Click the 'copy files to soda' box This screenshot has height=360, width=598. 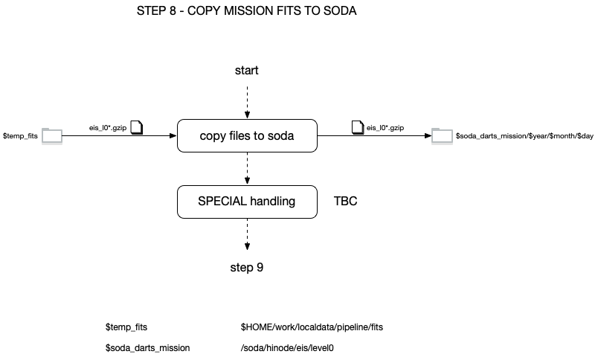(x=247, y=136)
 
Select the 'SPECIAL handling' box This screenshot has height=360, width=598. (x=247, y=202)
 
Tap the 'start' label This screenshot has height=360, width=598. (x=247, y=70)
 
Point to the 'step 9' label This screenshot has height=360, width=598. (x=247, y=267)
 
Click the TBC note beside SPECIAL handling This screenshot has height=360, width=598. (x=346, y=201)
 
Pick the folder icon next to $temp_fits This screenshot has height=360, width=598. (x=52, y=136)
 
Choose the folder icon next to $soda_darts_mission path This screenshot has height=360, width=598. (x=442, y=136)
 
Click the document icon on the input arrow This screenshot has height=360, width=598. (x=137, y=127)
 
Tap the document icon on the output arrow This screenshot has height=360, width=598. (x=357, y=127)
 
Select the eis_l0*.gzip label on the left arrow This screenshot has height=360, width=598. (x=108, y=128)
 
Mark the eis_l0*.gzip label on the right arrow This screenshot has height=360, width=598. (x=385, y=128)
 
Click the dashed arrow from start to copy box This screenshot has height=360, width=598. (x=247, y=102)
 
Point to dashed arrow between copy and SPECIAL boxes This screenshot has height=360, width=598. (x=247, y=169)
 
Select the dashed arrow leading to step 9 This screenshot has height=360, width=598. (x=247, y=234)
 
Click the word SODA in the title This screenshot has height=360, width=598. (x=340, y=10)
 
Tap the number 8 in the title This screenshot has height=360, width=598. (x=172, y=10)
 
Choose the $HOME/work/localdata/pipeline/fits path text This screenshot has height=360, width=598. (x=312, y=327)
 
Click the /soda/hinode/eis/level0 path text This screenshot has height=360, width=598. (x=287, y=348)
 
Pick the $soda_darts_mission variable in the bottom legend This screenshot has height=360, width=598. (x=147, y=348)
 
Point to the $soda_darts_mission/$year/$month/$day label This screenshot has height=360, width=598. (x=524, y=136)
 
